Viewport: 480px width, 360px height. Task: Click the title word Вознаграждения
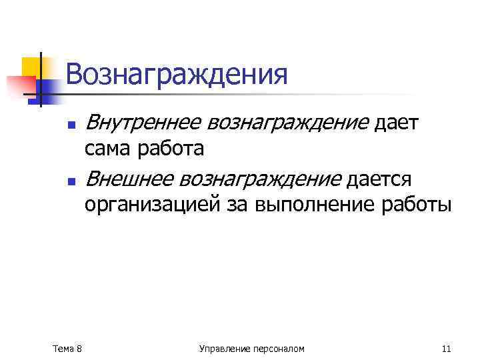point(177,75)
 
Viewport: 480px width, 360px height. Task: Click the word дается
point(379,179)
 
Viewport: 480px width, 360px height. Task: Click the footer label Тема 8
point(67,348)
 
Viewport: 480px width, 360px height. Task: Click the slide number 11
point(446,348)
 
